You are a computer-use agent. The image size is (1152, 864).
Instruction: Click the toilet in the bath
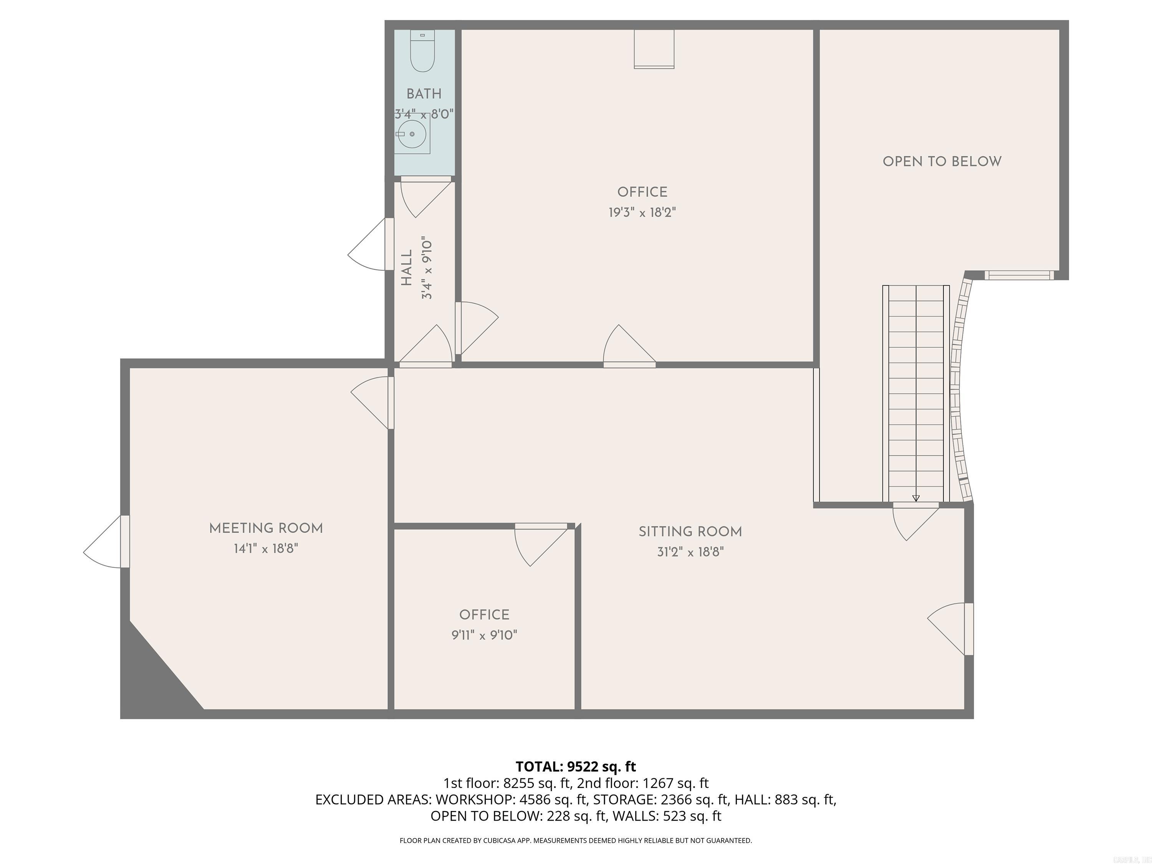click(x=422, y=52)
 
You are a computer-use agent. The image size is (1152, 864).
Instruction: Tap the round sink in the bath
click(x=412, y=134)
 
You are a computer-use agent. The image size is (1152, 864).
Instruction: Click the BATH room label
click(x=424, y=94)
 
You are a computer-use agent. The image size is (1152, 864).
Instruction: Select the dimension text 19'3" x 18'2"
click(x=642, y=212)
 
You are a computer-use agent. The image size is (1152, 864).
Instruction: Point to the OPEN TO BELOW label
click(x=942, y=161)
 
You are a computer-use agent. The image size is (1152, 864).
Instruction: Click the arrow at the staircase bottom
click(x=916, y=498)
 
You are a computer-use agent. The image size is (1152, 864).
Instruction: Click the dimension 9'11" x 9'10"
click(x=484, y=636)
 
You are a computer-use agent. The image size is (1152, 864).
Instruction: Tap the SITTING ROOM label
click(x=690, y=532)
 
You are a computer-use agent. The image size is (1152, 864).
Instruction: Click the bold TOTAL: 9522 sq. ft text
click(x=576, y=766)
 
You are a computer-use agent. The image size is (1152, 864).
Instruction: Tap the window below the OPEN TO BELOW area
click(x=1019, y=275)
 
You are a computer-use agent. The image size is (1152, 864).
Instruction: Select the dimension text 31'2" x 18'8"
click(x=690, y=552)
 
